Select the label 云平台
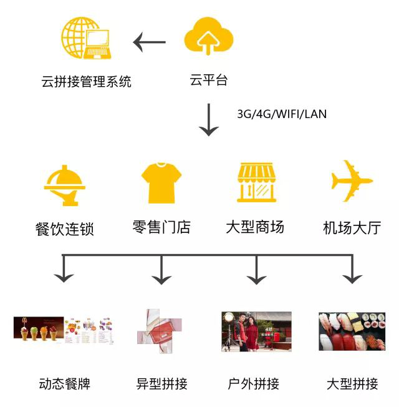(x=208, y=81)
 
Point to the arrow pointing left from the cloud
(x=150, y=42)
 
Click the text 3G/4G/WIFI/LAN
(x=281, y=114)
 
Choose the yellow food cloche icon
(x=65, y=185)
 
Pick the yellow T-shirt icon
(x=161, y=182)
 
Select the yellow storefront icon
(x=256, y=182)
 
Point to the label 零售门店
(x=161, y=227)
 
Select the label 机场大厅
(x=352, y=227)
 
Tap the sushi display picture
(x=352, y=331)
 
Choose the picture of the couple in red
(x=256, y=331)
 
